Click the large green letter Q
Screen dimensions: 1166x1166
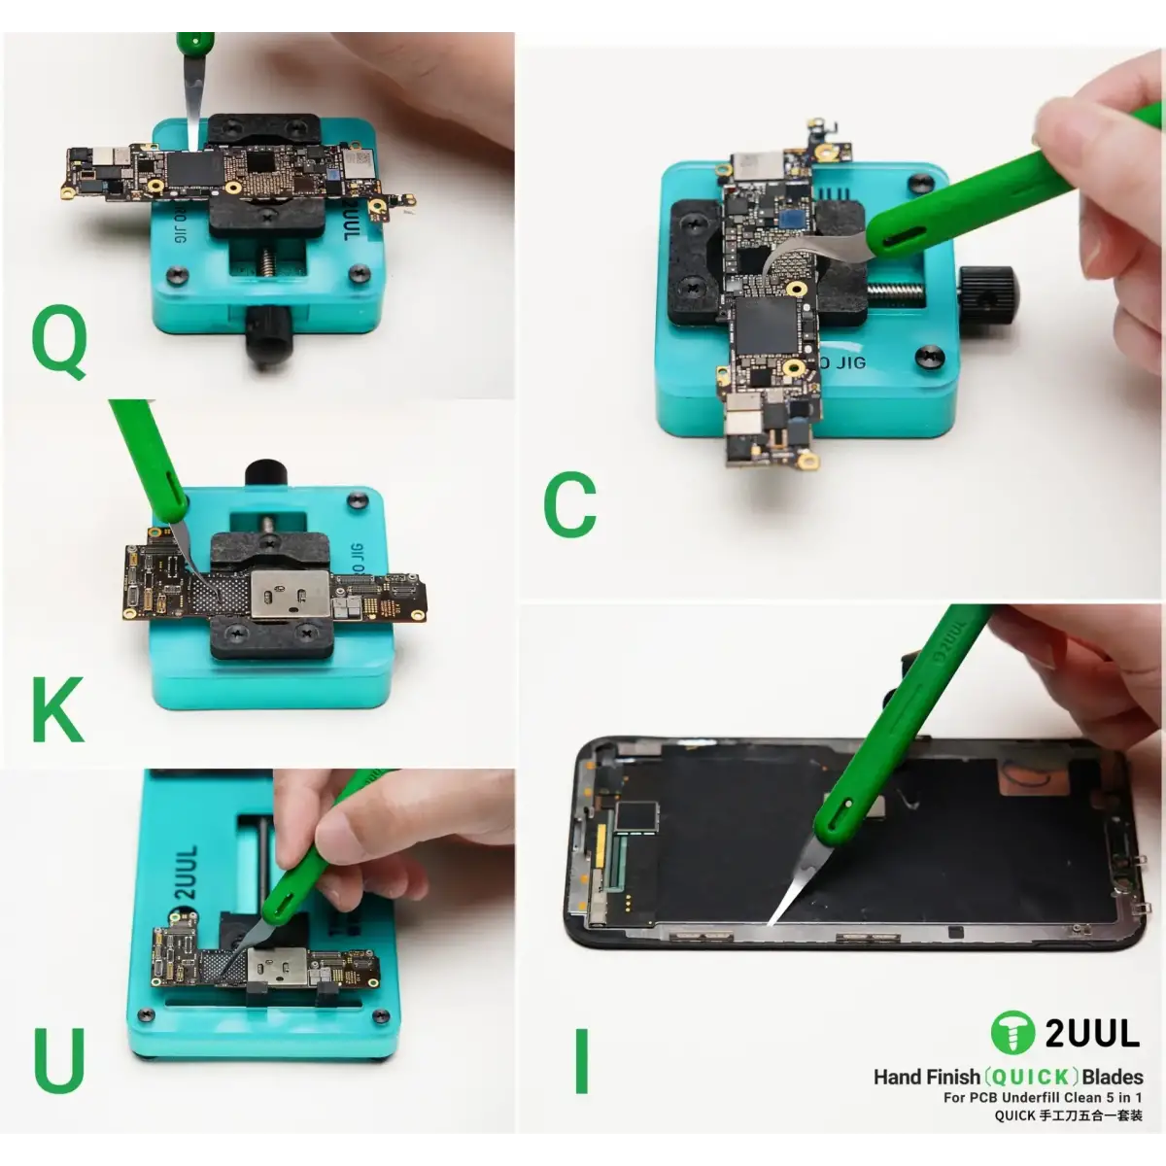click(x=59, y=340)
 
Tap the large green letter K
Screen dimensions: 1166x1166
click(x=58, y=708)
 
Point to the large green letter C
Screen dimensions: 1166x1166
click(x=569, y=504)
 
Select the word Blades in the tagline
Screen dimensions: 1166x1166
click(x=1113, y=1077)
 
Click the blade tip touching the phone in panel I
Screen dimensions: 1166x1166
click(x=768, y=925)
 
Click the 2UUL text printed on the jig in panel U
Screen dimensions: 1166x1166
click(x=186, y=874)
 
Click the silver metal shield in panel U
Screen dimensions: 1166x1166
click(x=278, y=965)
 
